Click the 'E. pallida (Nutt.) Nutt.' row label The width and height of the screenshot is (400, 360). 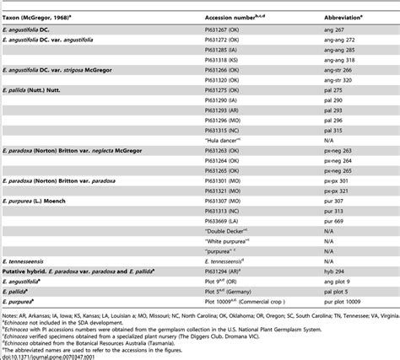[42, 94]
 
